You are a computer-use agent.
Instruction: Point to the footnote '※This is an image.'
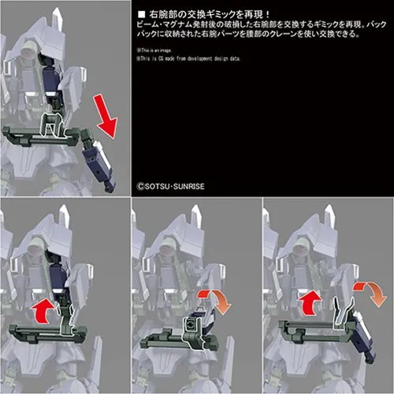[x=157, y=51]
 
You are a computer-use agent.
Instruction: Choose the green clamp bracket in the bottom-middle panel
[x=190, y=327]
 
